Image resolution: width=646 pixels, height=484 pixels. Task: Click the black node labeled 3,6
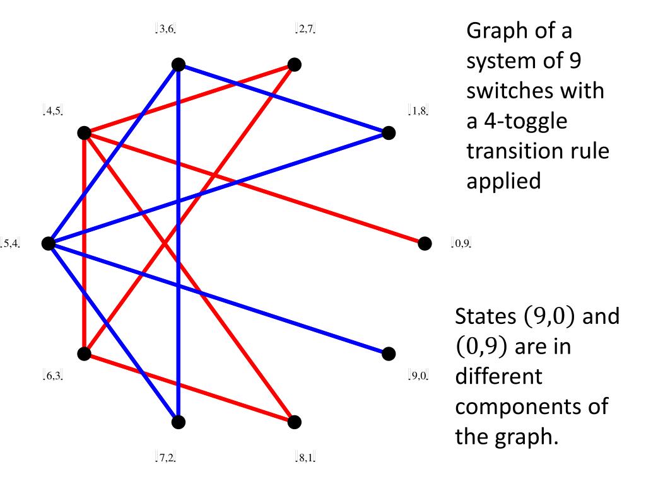coord(179,64)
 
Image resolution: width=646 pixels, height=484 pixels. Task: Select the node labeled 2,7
coord(294,64)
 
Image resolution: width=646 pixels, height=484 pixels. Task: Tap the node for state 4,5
coord(84,133)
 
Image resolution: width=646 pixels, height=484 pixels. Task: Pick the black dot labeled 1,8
coord(389,133)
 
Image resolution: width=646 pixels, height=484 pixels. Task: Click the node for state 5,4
coord(48,243)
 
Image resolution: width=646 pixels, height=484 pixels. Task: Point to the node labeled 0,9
coord(425,243)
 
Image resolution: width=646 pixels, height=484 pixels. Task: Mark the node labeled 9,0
coord(389,353)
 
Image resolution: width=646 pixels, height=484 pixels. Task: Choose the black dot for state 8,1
coord(294,422)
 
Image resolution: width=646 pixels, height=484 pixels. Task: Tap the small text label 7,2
coord(165,457)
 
